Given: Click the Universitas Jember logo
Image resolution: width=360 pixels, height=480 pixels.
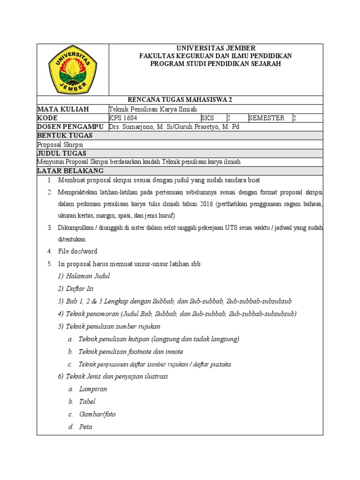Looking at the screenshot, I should (x=73, y=70).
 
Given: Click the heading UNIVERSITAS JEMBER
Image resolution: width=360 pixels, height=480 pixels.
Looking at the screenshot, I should (x=216, y=48).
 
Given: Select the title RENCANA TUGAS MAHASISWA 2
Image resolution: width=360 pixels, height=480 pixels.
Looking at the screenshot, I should (x=180, y=100).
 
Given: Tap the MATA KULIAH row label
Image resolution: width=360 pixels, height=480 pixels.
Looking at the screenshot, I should (x=63, y=109).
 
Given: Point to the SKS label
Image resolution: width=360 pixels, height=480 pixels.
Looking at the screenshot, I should (x=208, y=118).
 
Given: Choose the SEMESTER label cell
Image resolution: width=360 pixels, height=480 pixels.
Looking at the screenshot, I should (x=266, y=118).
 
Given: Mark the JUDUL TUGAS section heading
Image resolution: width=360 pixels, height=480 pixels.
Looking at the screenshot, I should (x=62, y=153).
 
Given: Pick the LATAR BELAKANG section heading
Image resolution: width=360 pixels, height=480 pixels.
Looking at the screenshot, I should (x=70, y=171).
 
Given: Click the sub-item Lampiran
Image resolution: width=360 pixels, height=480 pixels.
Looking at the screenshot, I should (x=93, y=389).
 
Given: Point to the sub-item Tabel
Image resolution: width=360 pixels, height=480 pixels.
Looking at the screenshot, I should (x=87, y=402).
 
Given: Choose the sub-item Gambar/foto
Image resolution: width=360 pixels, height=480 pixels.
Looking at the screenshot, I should (x=97, y=414).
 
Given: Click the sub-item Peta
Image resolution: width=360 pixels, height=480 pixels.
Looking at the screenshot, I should (x=86, y=427).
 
